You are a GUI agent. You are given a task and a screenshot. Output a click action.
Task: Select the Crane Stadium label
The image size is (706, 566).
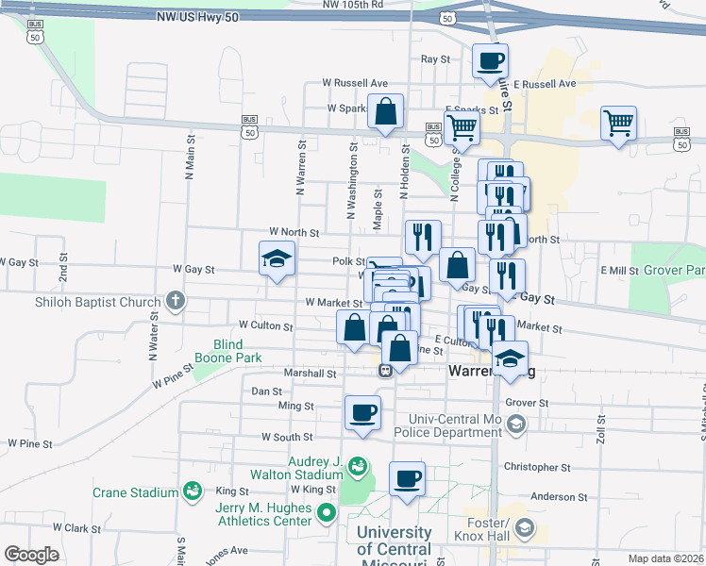(136, 492)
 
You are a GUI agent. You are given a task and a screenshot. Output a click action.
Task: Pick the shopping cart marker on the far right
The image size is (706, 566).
(618, 123)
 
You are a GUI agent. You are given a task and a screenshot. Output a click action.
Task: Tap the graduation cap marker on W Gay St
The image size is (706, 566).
(277, 259)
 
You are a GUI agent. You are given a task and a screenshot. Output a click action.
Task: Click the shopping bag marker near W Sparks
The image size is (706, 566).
(386, 112)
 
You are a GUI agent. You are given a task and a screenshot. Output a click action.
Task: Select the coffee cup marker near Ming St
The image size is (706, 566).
(363, 412)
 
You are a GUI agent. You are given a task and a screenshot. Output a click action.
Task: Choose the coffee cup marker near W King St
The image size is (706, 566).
(407, 479)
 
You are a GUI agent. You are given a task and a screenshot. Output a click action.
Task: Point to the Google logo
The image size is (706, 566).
(32, 555)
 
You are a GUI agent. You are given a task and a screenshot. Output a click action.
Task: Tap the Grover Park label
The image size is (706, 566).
(675, 270)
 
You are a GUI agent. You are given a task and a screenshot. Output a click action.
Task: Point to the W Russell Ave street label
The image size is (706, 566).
(355, 83)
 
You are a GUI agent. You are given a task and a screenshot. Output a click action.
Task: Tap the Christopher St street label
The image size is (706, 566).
(538, 467)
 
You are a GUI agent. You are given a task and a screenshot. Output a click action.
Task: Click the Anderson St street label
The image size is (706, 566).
(559, 496)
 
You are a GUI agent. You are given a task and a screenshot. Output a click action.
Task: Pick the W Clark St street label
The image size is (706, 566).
(77, 528)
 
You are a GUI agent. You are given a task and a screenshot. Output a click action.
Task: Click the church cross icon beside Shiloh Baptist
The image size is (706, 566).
(175, 302)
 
